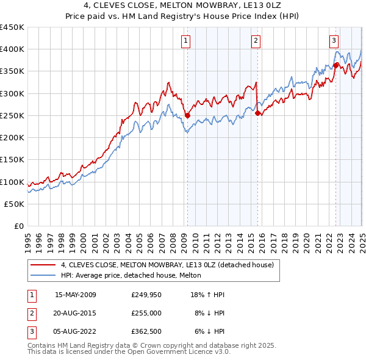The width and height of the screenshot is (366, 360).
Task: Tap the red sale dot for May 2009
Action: (188, 115)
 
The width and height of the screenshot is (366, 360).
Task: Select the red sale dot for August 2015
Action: (258, 113)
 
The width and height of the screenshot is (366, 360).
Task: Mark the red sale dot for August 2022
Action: (336, 65)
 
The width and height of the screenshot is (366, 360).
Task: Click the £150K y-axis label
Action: (12, 160)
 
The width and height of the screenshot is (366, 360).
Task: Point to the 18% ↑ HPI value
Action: (207, 295)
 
